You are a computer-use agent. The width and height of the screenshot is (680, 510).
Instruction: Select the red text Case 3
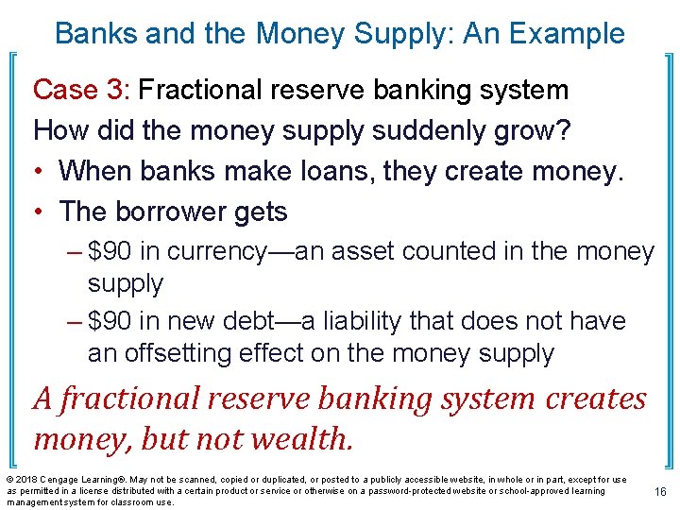tap(79, 90)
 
